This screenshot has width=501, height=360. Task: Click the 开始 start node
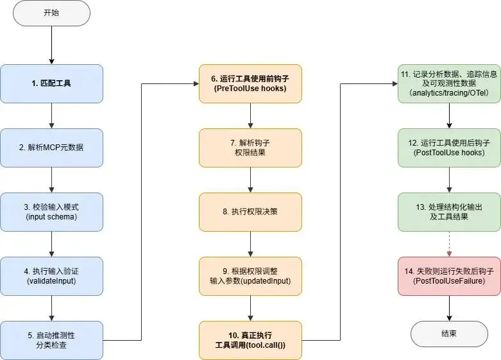pos(51,13)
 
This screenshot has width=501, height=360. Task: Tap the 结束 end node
pos(449,334)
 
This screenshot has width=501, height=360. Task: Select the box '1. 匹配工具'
pos(51,83)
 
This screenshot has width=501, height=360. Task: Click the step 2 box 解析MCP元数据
pos(51,148)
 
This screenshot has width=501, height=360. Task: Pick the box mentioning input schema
pos(51,212)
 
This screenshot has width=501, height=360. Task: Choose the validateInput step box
pos(51,276)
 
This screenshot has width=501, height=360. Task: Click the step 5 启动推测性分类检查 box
pos(51,340)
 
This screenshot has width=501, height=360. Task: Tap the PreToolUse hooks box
pos(250,83)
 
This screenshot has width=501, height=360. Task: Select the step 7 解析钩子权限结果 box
pos(250,148)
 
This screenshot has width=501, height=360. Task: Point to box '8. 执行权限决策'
pos(250,212)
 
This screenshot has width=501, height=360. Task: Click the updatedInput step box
pos(250,276)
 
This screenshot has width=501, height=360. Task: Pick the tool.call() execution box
pos(250,340)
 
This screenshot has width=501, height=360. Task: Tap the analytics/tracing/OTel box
pos(449,83)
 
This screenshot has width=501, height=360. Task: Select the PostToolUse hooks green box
pos(449,148)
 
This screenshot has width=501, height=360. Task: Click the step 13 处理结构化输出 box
pos(449,212)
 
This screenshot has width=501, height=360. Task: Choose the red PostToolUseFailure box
pos(449,276)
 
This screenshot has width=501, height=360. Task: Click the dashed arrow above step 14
pos(449,244)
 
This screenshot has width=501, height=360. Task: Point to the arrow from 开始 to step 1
pos(51,45)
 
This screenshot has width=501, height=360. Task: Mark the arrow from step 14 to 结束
pos(449,308)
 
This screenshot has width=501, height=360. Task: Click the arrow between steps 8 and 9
pos(250,244)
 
